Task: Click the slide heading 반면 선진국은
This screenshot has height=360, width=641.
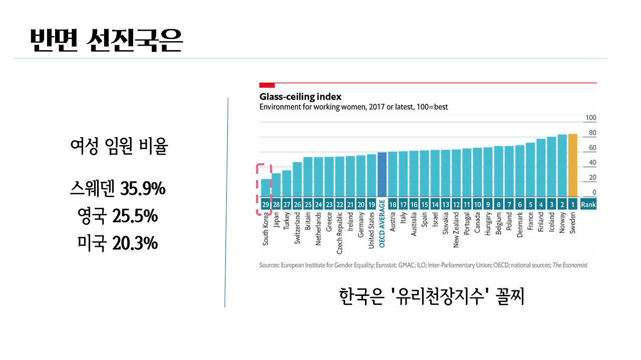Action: tap(106, 41)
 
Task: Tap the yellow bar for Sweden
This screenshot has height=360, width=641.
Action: tap(573, 165)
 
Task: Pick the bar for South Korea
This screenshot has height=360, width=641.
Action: tap(265, 187)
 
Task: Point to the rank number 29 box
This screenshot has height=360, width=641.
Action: tap(265, 204)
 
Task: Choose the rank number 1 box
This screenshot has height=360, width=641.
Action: tap(573, 204)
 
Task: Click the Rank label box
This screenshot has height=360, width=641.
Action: tap(588, 204)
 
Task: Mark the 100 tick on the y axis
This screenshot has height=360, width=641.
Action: tap(590, 118)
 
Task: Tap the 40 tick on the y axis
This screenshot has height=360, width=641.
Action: tap(592, 163)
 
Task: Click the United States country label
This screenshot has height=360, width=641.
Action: tap(371, 230)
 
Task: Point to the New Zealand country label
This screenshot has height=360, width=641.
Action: tap(456, 229)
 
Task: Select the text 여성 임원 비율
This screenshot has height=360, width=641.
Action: tap(119, 148)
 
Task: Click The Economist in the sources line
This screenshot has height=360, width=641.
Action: tap(570, 265)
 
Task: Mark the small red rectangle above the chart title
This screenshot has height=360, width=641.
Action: tap(267, 85)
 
